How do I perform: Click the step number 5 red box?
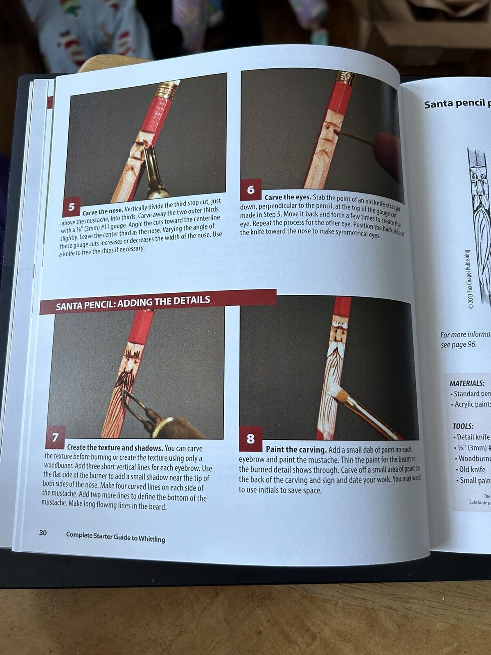click(x=71, y=207)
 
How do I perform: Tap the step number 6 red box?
click(x=251, y=190)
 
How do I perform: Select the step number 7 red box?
click(x=55, y=438)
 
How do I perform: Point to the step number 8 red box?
click(x=250, y=438)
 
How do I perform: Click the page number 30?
click(x=43, y=533)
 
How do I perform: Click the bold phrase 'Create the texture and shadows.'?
click(x=115, y=448)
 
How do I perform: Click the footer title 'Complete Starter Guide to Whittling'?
click(x=115, y=536)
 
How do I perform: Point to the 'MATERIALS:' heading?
click(x=467, y=384)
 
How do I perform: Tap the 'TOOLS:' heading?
click(x=463, y=426)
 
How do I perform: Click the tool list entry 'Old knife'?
click(x=472, y=469)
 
